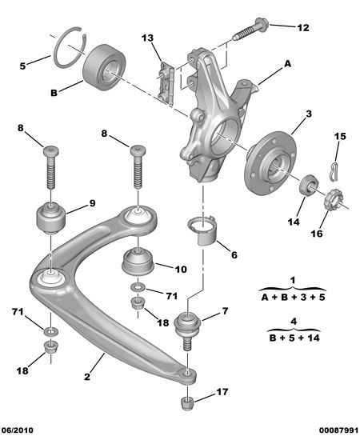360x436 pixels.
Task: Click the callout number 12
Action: click(303, 28)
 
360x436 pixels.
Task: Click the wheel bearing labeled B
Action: click(104, 67)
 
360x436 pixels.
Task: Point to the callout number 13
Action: click(147, 38)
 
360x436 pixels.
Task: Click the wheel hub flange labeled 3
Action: click(270, 164)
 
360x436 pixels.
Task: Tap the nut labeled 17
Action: click(187, 403)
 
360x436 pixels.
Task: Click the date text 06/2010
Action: click(18, 430)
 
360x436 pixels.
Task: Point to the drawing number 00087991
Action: click(338, 430)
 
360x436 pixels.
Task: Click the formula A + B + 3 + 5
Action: click(293, 298)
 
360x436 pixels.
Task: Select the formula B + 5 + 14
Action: click(294, 338)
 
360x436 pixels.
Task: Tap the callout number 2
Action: click(87, 377)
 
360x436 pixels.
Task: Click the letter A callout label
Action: click(287, 64)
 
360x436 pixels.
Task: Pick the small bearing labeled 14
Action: click(309, 186)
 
